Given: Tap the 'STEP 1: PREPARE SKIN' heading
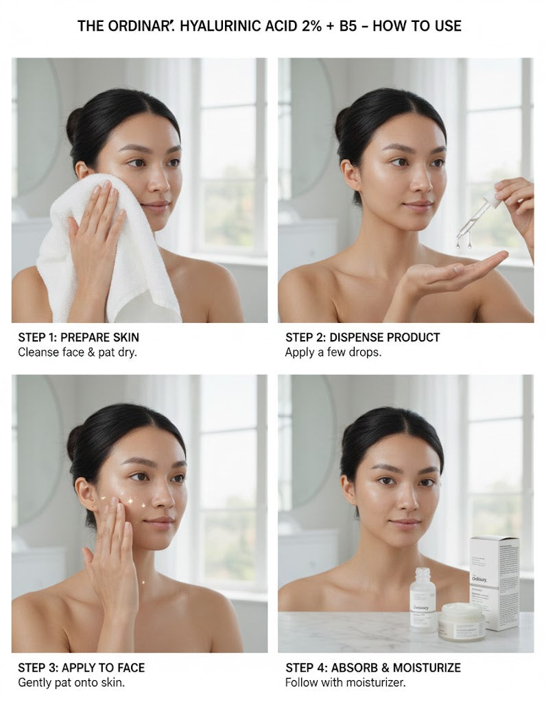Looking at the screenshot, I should click(x=79, y=337).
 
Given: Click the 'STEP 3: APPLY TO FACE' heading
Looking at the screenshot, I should click(x=82, y=668).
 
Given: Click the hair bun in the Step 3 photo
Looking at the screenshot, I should click(x=75, y=443).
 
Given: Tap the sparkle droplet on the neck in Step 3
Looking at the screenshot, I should click(x=143, y=583).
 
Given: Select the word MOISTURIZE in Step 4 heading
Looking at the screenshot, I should click(x=427, y=668).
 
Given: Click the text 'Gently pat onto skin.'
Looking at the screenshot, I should click(x=71, y=682).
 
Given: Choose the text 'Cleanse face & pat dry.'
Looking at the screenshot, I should click(x=78, y=352).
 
